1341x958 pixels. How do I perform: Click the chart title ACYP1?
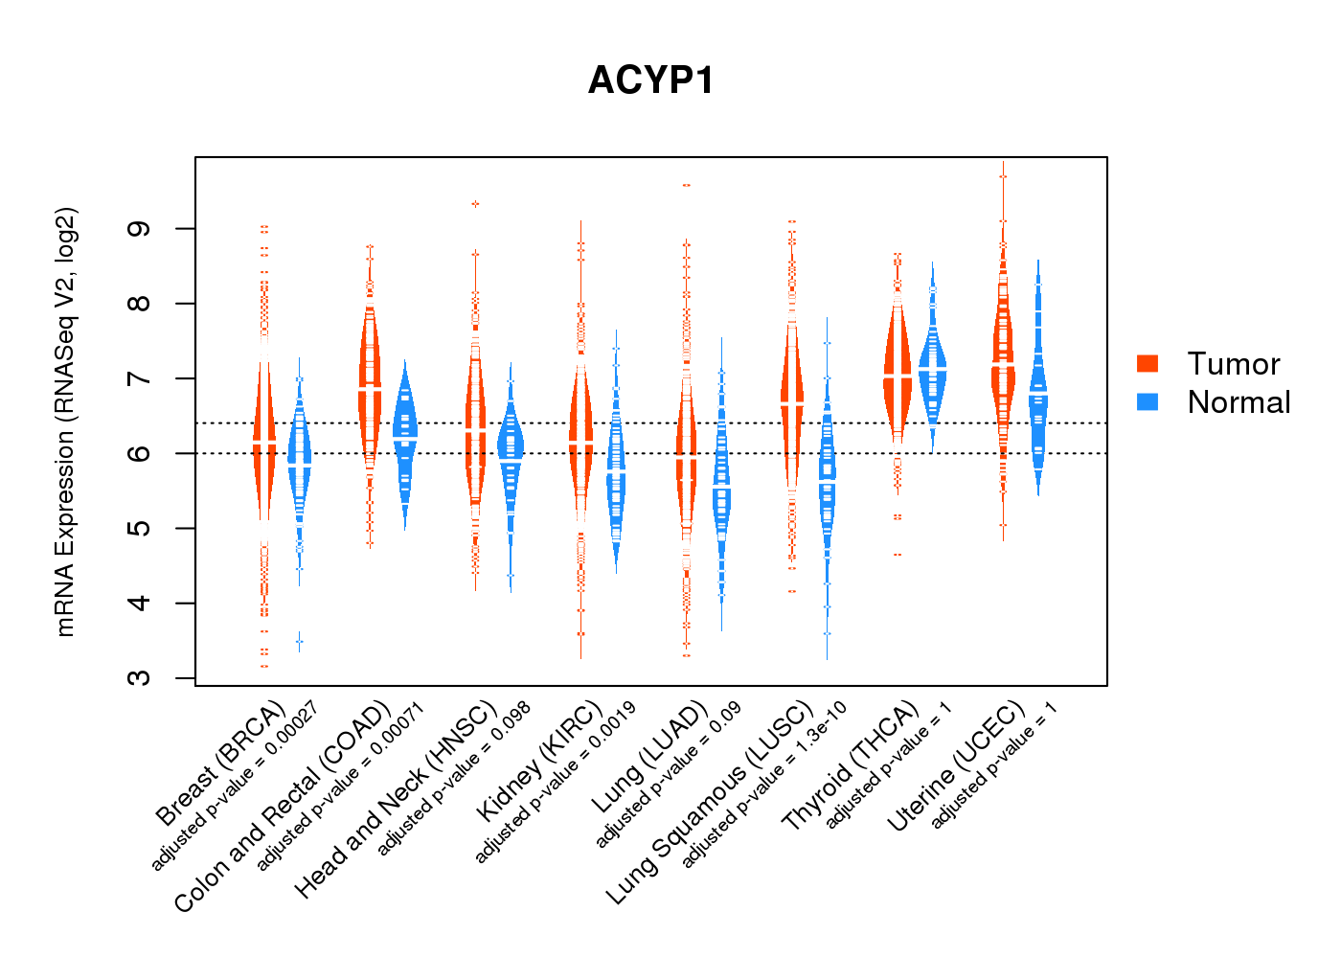pos(651,80)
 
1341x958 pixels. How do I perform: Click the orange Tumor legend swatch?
pos(1148,363)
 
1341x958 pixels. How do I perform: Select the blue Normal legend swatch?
pos(1148,401)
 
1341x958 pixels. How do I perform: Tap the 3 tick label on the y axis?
pos(140,677)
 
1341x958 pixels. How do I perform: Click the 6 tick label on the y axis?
pos(140,453)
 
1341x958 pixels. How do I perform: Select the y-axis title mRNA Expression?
pos(65,422)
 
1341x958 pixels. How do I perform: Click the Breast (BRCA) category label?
pos(221,764)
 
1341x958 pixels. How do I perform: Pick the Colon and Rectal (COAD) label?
pos(283,808)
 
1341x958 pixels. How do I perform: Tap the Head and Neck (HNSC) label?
pos(396,800)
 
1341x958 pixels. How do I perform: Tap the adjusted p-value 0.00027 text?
pos(235,785)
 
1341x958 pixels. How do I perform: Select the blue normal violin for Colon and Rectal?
pos(405,431)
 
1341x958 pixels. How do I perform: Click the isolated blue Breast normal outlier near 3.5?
pos(300,640)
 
